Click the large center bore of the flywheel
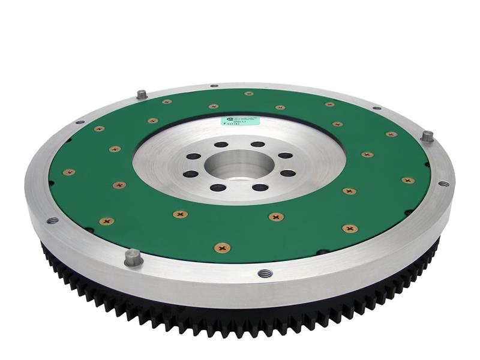pyautogui.click(x=239, y=165)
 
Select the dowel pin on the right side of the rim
pyautogui.click(x=427, y=136)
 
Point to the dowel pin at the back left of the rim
pyautogui.click(x=142, y=94)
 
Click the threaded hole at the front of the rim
pyautogui.click(x=265, y=273)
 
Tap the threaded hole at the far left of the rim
pyautogui.click(x=53, y=221)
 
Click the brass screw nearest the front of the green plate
pyautogui.click(x=223, y=247)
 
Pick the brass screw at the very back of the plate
pyautogui.click(x=248, y=93)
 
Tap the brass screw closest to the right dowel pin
pyautogui.click(x=391, y=134)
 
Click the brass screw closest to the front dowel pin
pyautogui.click(x=107, y=221)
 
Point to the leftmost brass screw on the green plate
pyautogui.click(x=69, y=172)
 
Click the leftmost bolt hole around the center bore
pyautogui.click(x=190, y=174)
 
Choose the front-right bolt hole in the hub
pyautogui.click(x=260, y=187)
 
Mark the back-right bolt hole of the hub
pyautogui.click(x=285, y=155)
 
